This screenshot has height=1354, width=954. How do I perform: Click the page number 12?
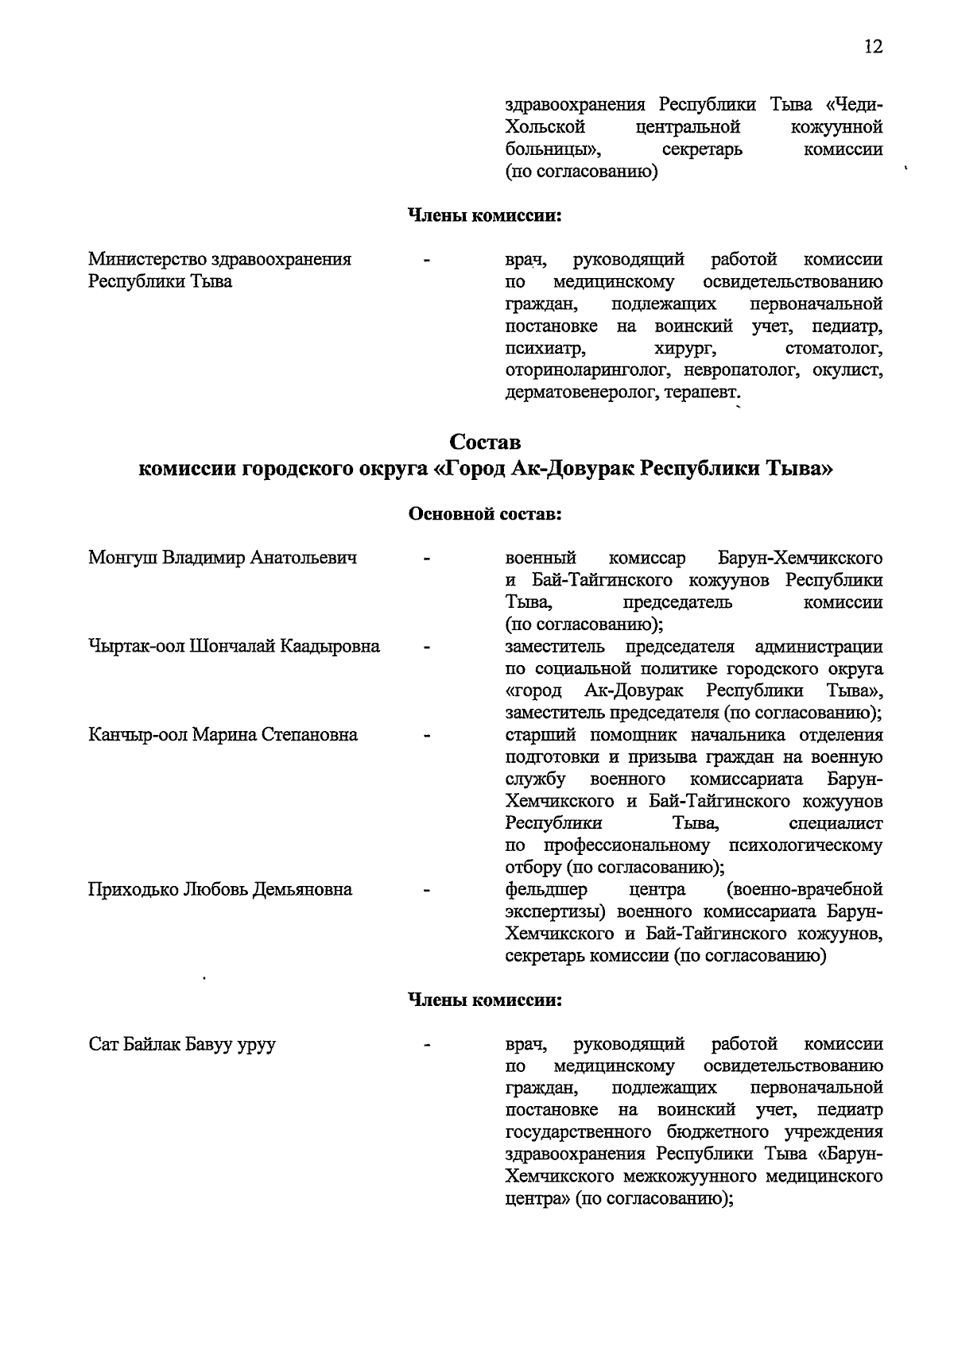(x=873, y=47)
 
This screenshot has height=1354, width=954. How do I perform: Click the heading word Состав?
(x=485, y=441)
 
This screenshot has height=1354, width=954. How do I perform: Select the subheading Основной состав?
(x=485, y=514)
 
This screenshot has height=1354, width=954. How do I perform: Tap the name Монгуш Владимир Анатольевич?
(x=223, y=558)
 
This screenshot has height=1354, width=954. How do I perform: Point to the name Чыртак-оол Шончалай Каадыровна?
(x=234, y=646)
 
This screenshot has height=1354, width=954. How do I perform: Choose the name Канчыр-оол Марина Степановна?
(x=223, y=734)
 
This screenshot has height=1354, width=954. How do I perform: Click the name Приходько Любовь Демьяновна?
(x=220, y=889)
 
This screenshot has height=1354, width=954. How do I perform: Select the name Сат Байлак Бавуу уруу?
(x=182, y=1044)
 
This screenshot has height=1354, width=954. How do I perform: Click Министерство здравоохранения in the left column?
(x=220, y=259)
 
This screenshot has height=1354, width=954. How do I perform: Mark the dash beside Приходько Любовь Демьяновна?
(x=428, y=890)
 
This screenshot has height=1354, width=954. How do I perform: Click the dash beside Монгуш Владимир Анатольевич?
(x=428, y=559)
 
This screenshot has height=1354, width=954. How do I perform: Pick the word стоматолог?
(x=834, y=348)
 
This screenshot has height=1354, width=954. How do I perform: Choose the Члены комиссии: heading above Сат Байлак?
(x=485, y=1000)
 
